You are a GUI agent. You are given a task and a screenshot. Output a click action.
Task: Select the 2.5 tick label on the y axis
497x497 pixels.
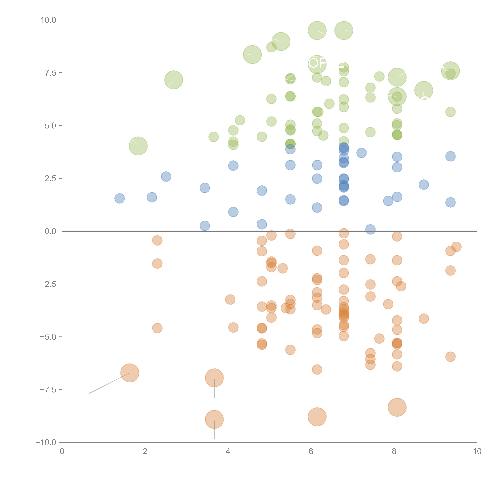[x=50, y=178]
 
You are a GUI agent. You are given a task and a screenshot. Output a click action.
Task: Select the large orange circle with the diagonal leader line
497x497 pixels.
[x=130, y=373]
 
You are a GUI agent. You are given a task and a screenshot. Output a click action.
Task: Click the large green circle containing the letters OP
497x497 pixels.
[x=317, y=64]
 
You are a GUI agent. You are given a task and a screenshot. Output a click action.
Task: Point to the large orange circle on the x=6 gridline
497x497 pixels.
[x=317, y=417]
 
